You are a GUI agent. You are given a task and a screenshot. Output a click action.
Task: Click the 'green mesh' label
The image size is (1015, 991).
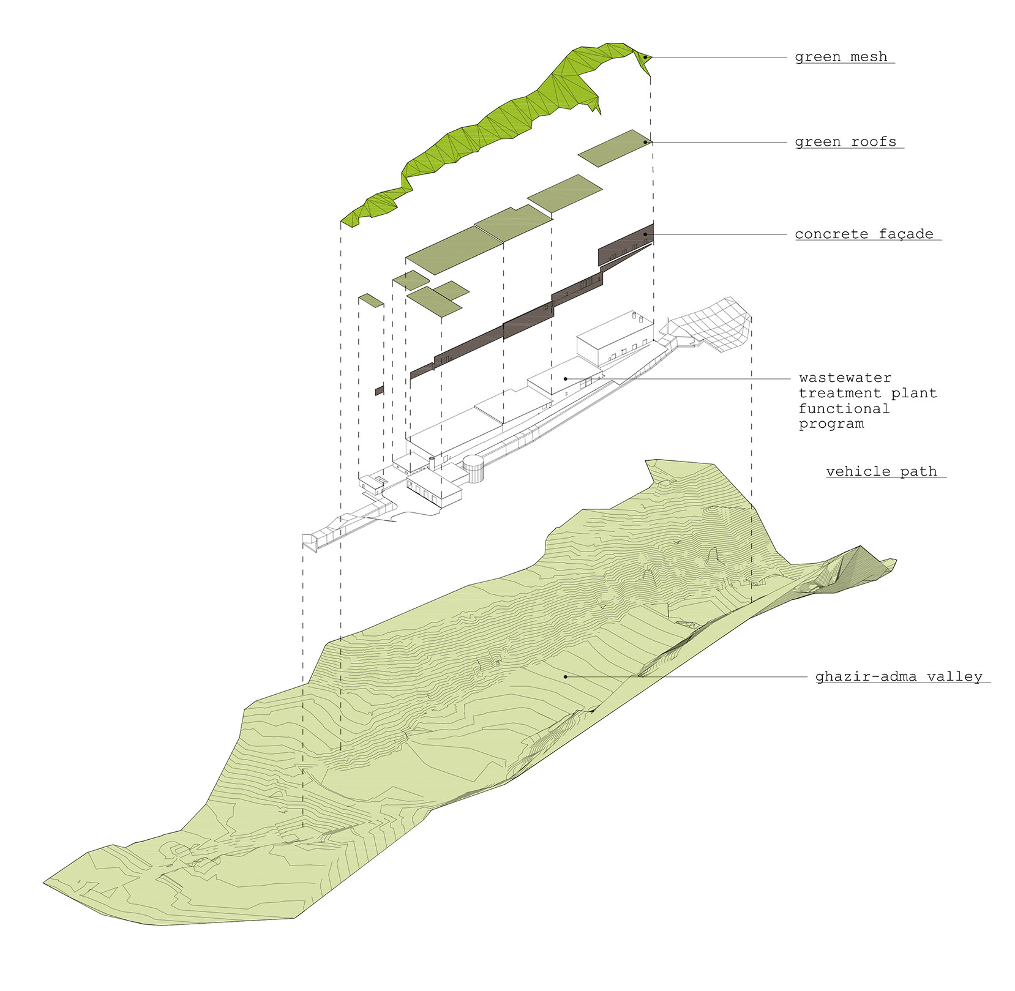point(841,57)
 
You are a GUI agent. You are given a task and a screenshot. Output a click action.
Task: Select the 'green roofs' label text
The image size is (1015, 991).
point(845,142)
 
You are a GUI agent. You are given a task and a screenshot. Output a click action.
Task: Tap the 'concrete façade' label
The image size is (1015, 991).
point(864,234)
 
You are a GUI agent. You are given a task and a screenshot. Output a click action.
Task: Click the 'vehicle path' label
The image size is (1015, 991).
point(881,471)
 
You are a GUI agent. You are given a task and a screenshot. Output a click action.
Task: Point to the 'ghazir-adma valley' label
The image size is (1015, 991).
point(898,677)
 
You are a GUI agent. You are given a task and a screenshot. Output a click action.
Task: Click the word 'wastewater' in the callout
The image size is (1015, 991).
point(845,378)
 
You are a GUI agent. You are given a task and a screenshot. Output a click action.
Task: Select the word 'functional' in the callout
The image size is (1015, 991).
point(844,408)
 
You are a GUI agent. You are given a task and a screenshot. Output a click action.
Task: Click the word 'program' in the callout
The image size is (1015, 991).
point(831,424)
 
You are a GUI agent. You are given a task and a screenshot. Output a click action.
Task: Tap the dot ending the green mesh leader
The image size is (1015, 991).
point(645,58)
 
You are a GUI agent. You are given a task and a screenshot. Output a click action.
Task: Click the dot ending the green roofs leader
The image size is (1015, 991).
point(645,142)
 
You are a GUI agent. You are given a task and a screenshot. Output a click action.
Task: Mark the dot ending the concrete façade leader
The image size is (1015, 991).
point(645,234)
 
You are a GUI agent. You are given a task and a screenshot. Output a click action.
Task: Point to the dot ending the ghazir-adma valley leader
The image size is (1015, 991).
point(565,677)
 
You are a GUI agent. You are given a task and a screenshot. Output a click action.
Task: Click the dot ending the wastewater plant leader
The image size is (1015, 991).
point(565,379)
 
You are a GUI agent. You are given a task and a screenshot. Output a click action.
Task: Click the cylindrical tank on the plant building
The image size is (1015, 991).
point(473,469)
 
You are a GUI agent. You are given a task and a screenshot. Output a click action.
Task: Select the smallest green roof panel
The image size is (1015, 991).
point(371,300)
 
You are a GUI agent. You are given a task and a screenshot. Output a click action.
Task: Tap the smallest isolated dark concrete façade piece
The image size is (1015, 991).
point(380,390)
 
